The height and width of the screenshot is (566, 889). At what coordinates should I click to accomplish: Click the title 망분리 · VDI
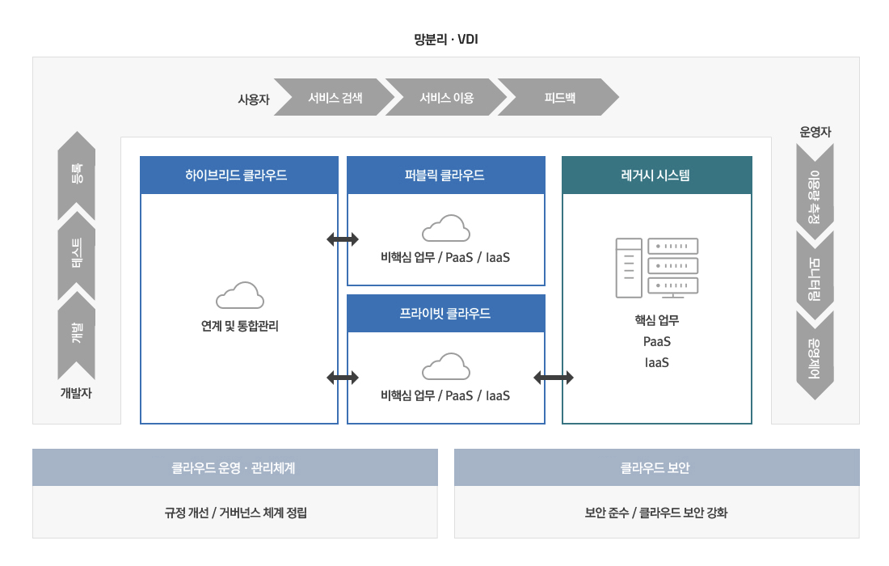pos(446,39)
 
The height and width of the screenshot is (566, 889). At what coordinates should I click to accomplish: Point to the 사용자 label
pos(253,99)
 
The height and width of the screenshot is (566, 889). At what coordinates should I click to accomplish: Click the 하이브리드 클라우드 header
pos(239,175)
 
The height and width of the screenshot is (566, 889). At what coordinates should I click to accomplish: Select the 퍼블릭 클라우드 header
pos(445,175)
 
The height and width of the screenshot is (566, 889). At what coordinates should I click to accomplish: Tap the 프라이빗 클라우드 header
pos(445,314)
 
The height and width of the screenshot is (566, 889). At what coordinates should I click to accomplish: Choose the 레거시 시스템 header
pos(656,175)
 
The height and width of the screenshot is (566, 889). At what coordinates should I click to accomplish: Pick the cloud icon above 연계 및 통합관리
pos(239,295)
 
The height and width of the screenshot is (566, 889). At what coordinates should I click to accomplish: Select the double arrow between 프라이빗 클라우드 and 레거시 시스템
pos(554,377)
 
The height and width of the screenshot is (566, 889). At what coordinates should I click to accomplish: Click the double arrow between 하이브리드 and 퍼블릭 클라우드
pos(343,239)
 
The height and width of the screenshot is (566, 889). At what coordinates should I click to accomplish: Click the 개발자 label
pos(77,393)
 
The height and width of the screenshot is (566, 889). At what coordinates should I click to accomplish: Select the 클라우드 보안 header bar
pos(656,467)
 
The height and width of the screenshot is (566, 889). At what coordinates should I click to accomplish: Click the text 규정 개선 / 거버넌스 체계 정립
pos(235,513)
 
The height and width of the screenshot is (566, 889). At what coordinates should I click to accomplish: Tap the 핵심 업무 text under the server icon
pos(656,320)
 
